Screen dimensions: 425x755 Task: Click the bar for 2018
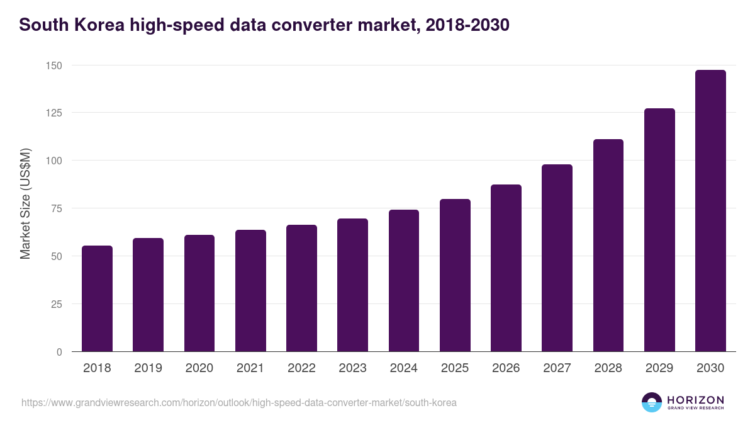(x=97, y=298)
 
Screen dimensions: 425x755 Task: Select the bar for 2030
(x=710, y=211)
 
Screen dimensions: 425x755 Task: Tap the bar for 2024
(x=404, y=281)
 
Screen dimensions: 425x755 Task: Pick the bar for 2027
(x=557, y=258)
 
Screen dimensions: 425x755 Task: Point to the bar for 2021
(x=250, y=291)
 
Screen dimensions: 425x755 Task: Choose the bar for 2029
(x=659, y=230)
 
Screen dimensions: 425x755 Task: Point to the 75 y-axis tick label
(x=57, y=208)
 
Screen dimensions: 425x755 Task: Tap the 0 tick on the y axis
(x=59, y=352)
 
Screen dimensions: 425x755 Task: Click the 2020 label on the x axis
(x=199, y=368)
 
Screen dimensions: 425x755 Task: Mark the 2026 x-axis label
(x=506, y=368)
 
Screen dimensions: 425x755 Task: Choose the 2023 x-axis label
(x=352, y=368)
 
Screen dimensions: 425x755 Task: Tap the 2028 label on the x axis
(x=608, y=368)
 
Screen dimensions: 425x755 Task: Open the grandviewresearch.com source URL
(x=239, y=402)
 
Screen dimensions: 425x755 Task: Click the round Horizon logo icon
(x=652, y=402)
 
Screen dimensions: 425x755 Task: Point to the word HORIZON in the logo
(x=695, y=399)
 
